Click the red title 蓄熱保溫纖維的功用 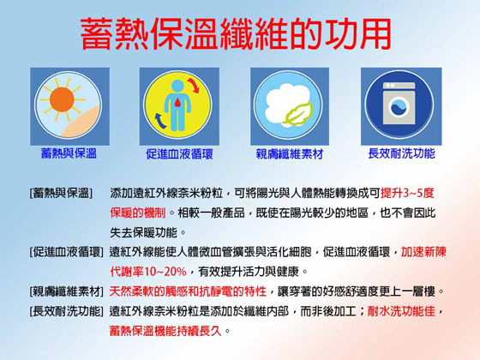(x=236, y=33)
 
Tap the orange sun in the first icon (x=62, y=99)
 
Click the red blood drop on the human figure (x=177, y=103)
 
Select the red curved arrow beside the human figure (x=194, y=86)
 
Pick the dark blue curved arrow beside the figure (x=161, y=121)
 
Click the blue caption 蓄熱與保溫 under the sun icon (x=69, y=153)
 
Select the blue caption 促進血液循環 (x=179, y=154)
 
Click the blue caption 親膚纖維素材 (x=290, y=154)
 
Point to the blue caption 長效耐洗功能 (x=401, y=153)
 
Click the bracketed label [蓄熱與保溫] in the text (x=61, y=193)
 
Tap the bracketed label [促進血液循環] (x=67, y=252)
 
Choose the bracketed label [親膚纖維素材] (x=67, y=291)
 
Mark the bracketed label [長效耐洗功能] (x=67, y=311)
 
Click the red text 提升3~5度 (x=407, y=193)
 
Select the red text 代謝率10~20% (x=148, y=272)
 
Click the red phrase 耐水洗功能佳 (x=401, y=311)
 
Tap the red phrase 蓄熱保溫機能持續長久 (x=165, y=331)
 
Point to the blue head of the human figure (x=177, y=86)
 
